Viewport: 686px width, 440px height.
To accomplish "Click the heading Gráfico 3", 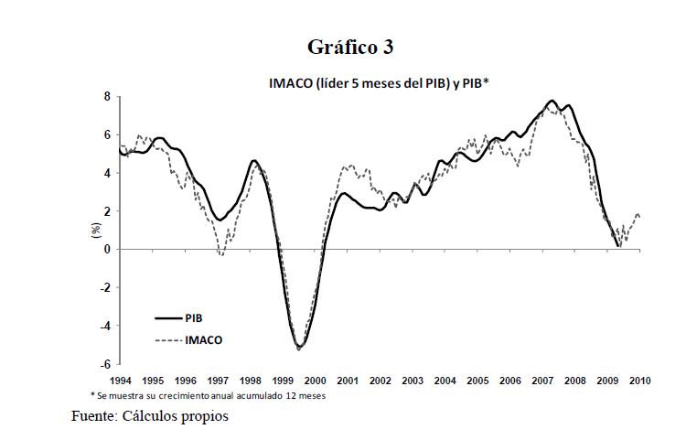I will click(x=350, y=47).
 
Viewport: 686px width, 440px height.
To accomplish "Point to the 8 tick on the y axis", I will click(x=106, y=96).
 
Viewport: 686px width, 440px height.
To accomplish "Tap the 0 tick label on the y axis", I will click(x=106, y=249).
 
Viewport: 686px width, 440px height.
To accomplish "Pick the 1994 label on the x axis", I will click(x=120, y=380).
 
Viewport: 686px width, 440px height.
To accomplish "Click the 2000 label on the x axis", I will click(x=316, y=380).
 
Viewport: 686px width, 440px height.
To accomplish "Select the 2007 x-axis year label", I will click(x=543, y=380).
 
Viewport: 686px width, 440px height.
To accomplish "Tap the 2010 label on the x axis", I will click(x=641, y=380).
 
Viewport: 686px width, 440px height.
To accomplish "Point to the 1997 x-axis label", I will click(x=218, y=380).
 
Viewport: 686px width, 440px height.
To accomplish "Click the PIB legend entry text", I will click(x=193, y=318).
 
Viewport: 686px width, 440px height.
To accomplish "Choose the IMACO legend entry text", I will click(x=203, y=339).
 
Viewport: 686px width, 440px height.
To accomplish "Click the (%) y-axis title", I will click(x=94, y=231).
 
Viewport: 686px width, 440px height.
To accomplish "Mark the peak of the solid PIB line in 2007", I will click(x=552, y=101).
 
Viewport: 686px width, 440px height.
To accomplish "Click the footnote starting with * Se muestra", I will click(x=208, y=396).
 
